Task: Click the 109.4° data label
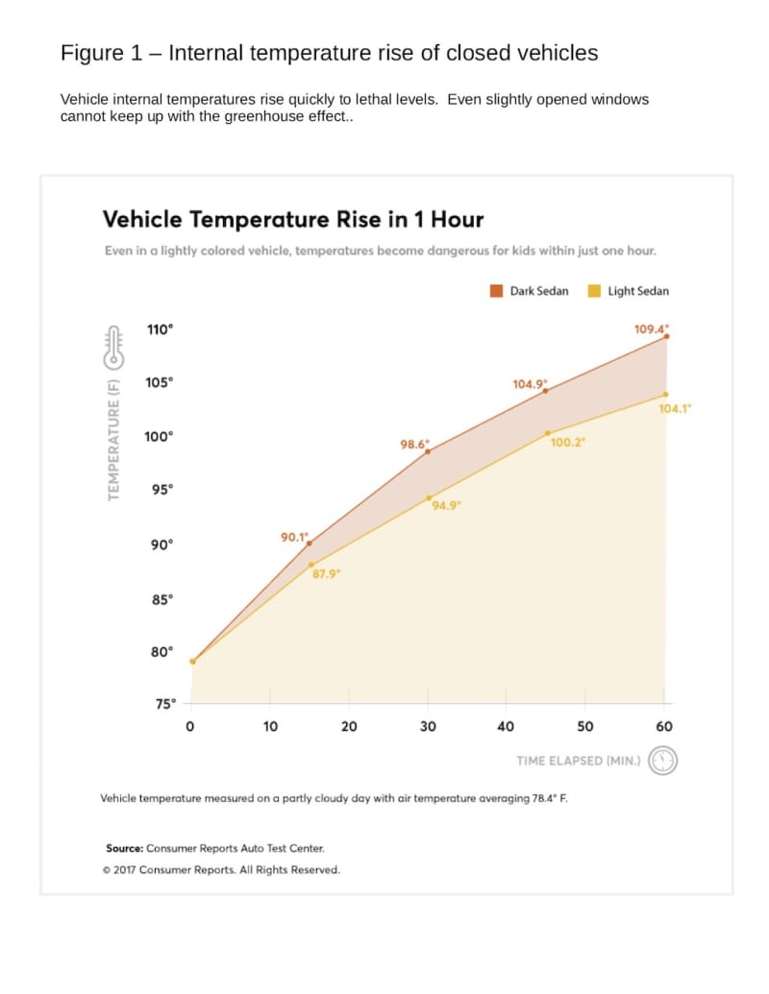click(x=651, y=328)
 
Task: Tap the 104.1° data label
click(x=675, y=408)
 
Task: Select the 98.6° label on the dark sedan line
click(x=414, y=445)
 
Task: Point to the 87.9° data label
click(x=327, y=573)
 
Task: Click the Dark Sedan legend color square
click(x=497, y=291)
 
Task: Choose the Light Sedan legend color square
click(x=594, y=291)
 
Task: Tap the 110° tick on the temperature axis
click(x=160, y=328)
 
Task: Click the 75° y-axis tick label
click(x=165, y=704)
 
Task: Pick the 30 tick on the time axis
click(x=428, y=727)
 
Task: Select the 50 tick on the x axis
click(x=585, y=727)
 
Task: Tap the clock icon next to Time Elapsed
click(x=663, y=761)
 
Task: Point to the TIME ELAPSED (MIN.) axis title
click(x=579, y=761)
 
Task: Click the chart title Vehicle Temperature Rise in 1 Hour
click(x=293, y=219)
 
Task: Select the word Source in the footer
click(x=124, y=848)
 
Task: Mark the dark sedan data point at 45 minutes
click(x=546, y=391)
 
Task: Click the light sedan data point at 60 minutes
click(x=665, y=395)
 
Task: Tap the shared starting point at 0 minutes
click(x=192, y=662)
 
